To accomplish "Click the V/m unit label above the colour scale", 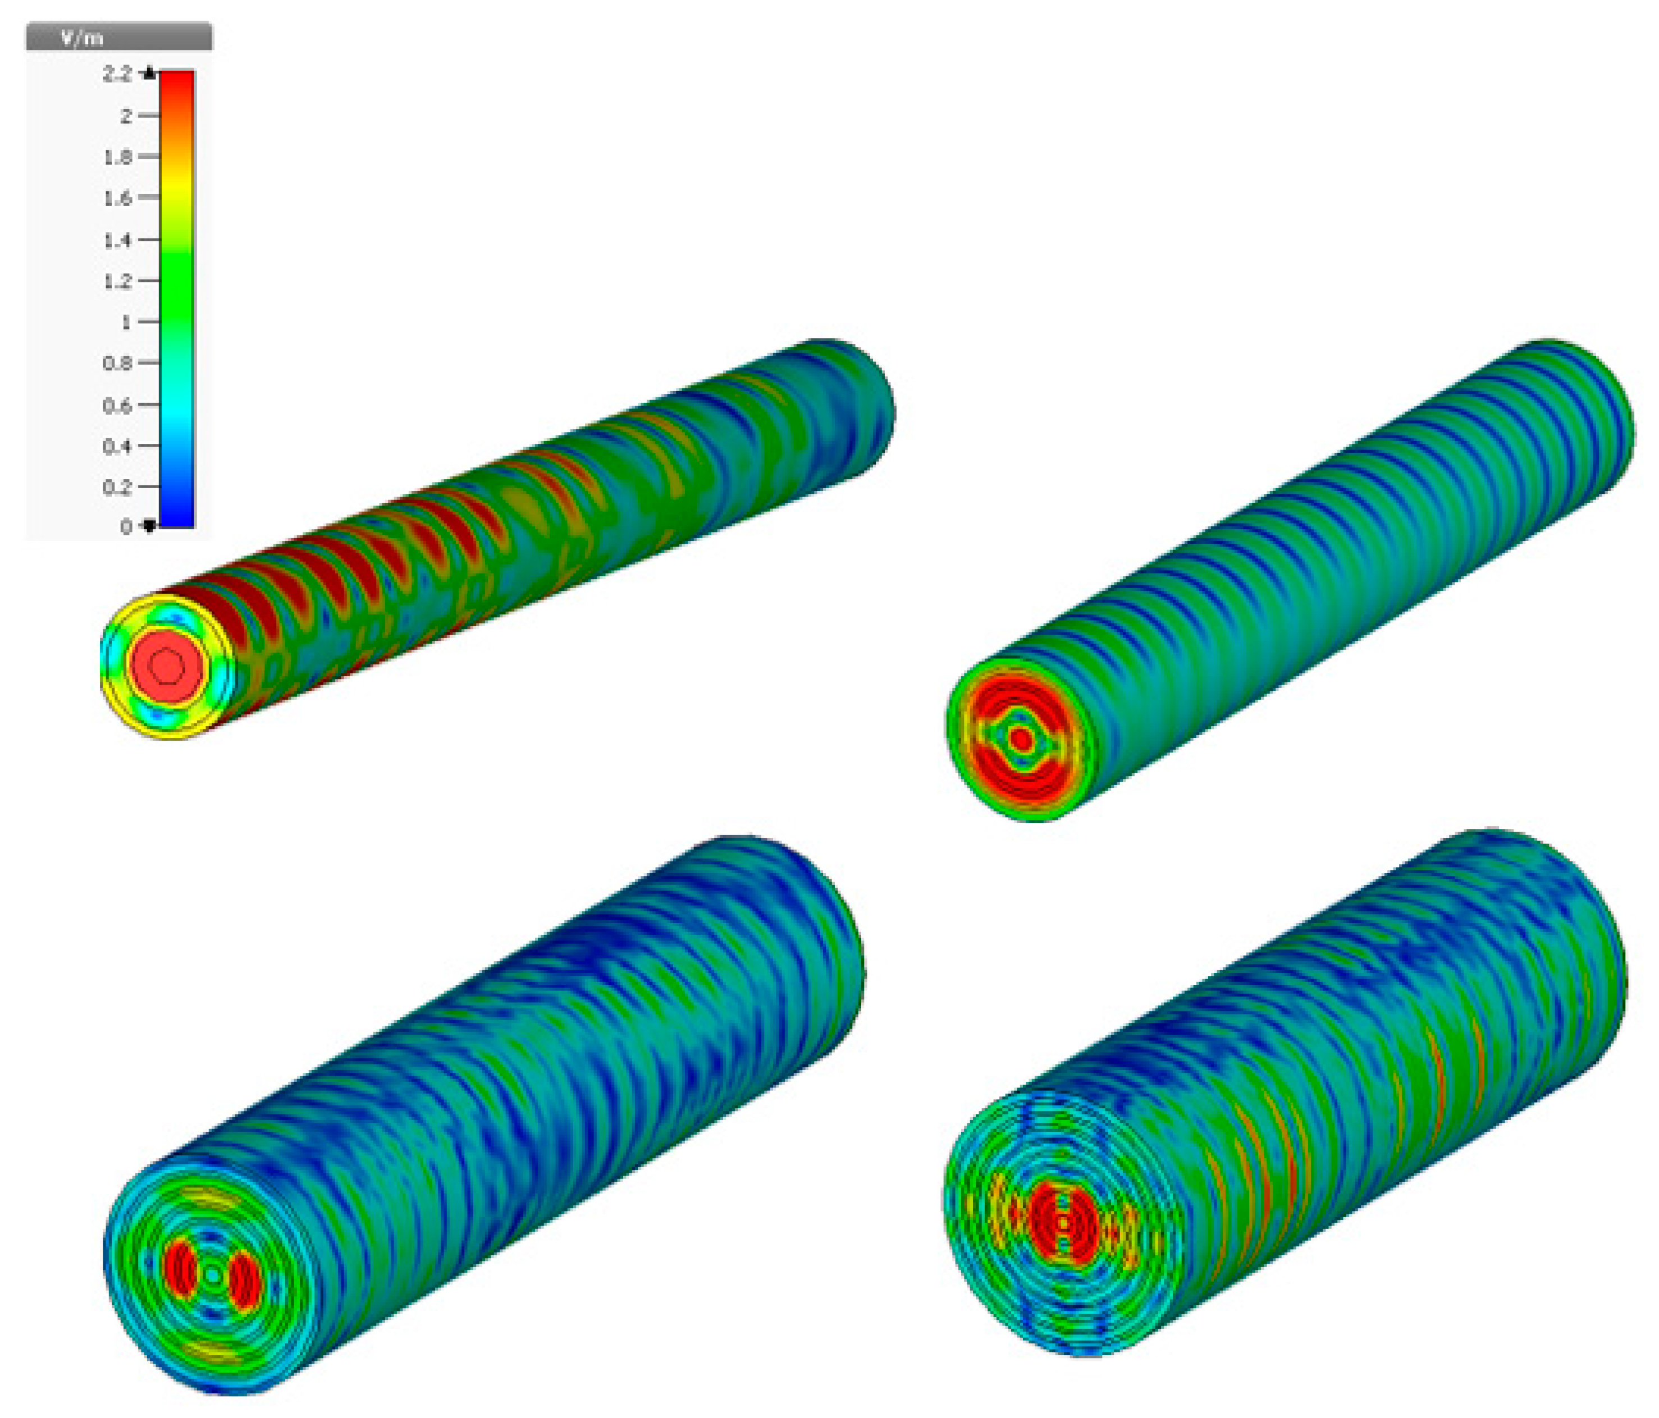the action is coord(83,38).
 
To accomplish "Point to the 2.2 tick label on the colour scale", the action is coord(117,74).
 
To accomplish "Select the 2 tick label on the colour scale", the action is coord(126,115).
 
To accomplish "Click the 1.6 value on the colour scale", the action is coord(117,198).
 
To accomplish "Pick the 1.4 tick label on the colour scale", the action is coord(117,239).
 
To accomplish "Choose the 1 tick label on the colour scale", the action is coord(126,322).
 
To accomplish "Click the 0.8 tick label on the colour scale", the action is coord(117,362).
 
